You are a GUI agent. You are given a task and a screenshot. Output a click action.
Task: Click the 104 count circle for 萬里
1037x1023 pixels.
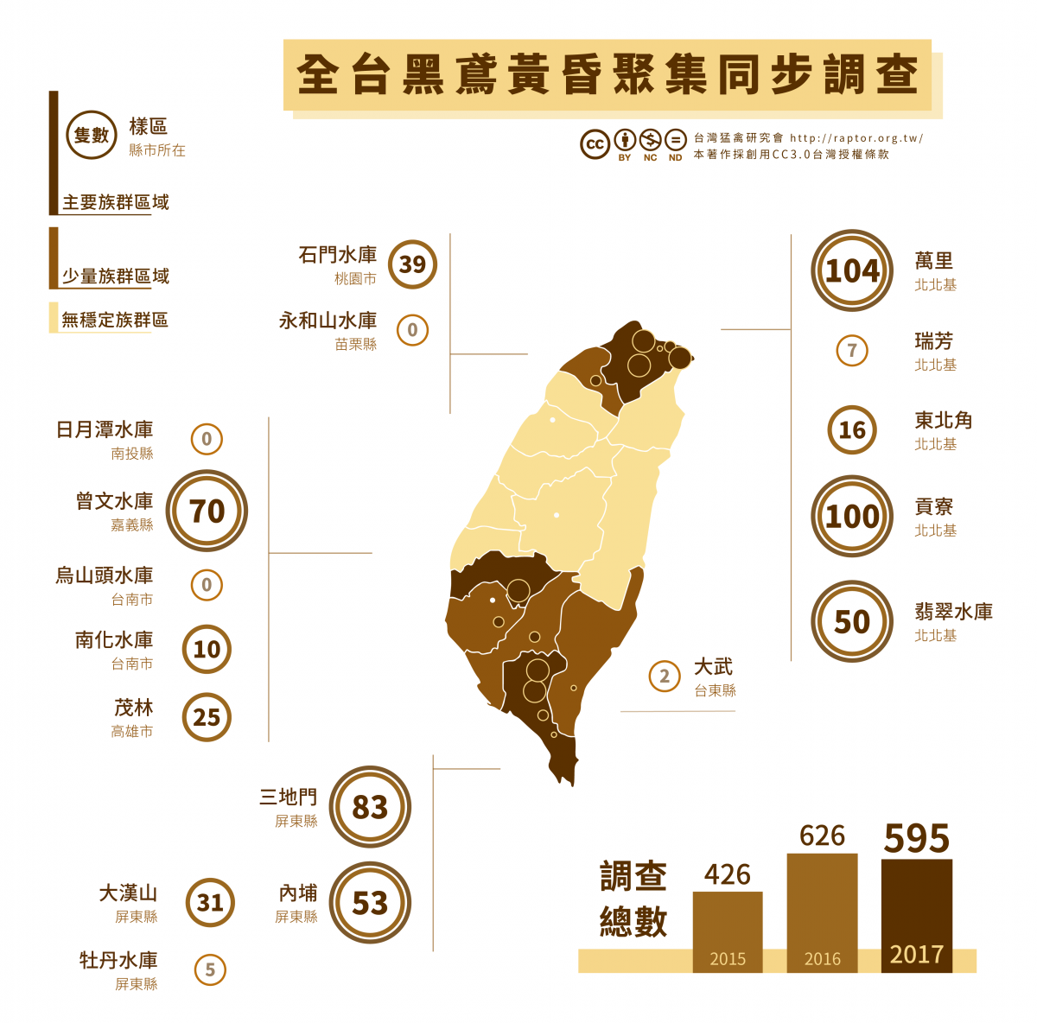tap(852, 270)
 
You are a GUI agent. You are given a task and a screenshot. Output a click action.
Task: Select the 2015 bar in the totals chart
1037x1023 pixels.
tap(728, 931)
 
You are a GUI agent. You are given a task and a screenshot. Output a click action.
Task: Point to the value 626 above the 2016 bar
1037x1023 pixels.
tap(822, 836)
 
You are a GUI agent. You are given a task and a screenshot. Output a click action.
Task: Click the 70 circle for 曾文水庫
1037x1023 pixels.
tap(207, 511)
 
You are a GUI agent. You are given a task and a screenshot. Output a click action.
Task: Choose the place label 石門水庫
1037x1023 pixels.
tap(338, 255)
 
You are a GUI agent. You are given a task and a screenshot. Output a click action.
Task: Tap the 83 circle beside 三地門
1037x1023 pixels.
tap(370, 807)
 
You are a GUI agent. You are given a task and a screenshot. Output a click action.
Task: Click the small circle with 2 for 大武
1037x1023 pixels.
tap(665, 677)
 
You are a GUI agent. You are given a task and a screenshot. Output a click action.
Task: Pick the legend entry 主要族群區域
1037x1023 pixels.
tap(115, 202)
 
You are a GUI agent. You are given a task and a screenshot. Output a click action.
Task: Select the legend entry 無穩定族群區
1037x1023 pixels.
tap(114, 320)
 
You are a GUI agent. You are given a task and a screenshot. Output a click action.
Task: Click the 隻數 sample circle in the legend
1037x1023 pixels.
tap(92, 135)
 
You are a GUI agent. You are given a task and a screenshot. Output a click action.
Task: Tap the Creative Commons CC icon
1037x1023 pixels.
tap(595, 144)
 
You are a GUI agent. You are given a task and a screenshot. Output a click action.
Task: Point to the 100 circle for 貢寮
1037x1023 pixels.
tap(852, 516)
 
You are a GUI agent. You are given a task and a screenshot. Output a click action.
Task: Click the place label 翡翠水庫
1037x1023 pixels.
tap(953, 612)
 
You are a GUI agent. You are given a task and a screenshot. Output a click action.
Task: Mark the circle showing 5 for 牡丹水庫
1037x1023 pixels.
tap(210, 969)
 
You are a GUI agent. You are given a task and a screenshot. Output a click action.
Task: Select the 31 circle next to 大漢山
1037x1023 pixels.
tap(210, 903)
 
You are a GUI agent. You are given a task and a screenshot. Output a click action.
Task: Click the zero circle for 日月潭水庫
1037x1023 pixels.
tap(207, 439)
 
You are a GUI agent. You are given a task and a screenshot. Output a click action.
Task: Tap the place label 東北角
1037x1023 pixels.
tap(944, 421)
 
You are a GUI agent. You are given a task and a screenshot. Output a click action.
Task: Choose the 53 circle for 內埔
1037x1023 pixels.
tap(370, 903)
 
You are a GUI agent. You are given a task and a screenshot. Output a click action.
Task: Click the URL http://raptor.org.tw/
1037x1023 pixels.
tap(856, 138)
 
